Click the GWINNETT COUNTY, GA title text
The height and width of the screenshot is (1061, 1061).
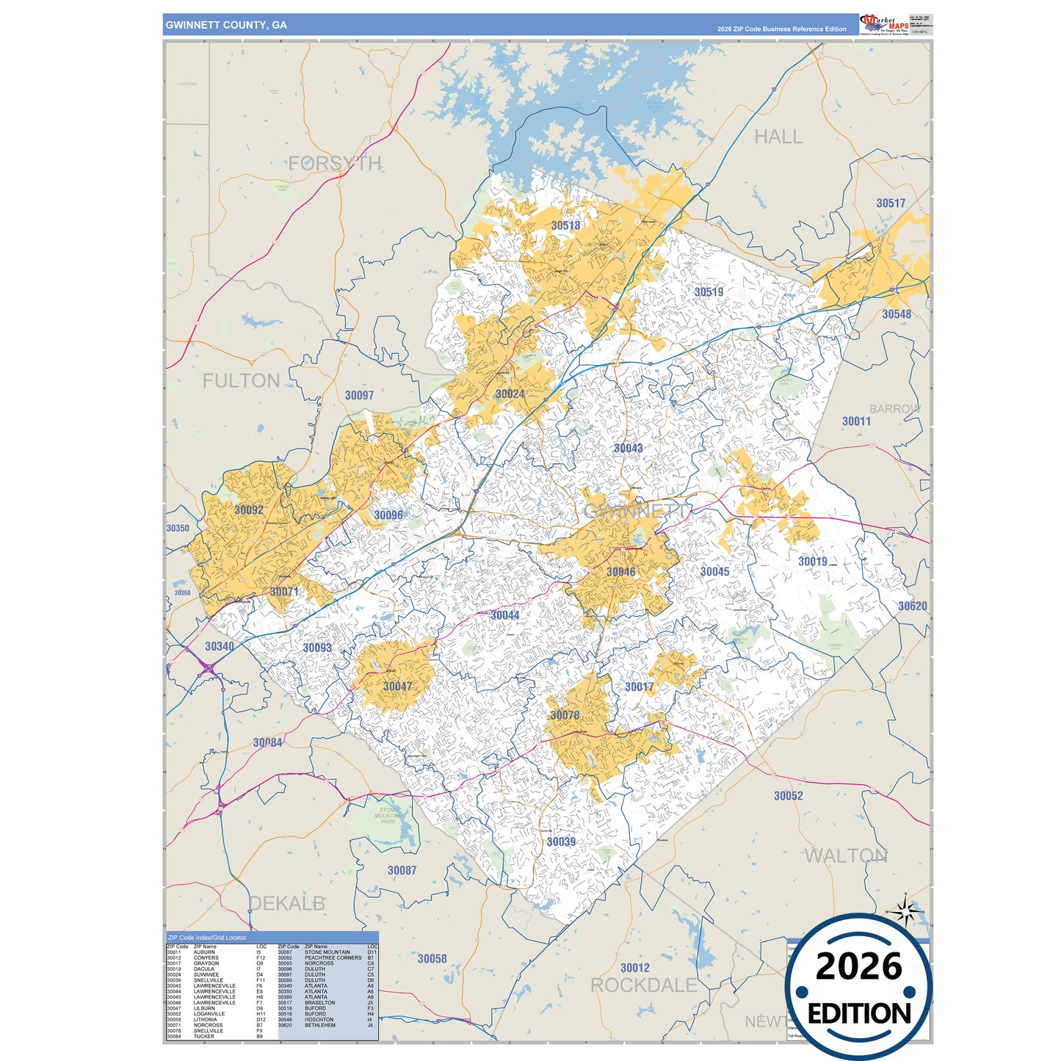point(226,25)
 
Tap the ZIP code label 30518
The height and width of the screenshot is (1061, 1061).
point(565,225)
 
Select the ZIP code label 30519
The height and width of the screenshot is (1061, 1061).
point(709,292)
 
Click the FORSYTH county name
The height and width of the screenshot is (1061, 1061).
point(335,163)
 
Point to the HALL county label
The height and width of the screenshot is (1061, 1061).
point(778,137)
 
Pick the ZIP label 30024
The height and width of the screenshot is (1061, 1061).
point(510,394)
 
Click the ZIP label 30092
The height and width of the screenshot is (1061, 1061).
point(249,510)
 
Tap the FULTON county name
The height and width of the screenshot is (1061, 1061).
point(242,380)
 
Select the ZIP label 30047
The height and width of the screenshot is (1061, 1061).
point(397,687)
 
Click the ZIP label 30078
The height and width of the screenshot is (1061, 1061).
point(565,715)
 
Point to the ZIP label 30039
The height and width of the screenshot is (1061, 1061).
point(561,841)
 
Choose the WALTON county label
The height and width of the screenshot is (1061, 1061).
point(846,856)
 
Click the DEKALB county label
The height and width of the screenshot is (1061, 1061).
point(287,903)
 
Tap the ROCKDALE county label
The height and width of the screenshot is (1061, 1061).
point(644,985)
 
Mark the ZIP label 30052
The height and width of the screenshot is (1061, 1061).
point(788,796)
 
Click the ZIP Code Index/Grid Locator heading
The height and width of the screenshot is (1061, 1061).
point(208,938)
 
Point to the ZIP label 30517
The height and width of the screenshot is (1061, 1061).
point(891,203)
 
